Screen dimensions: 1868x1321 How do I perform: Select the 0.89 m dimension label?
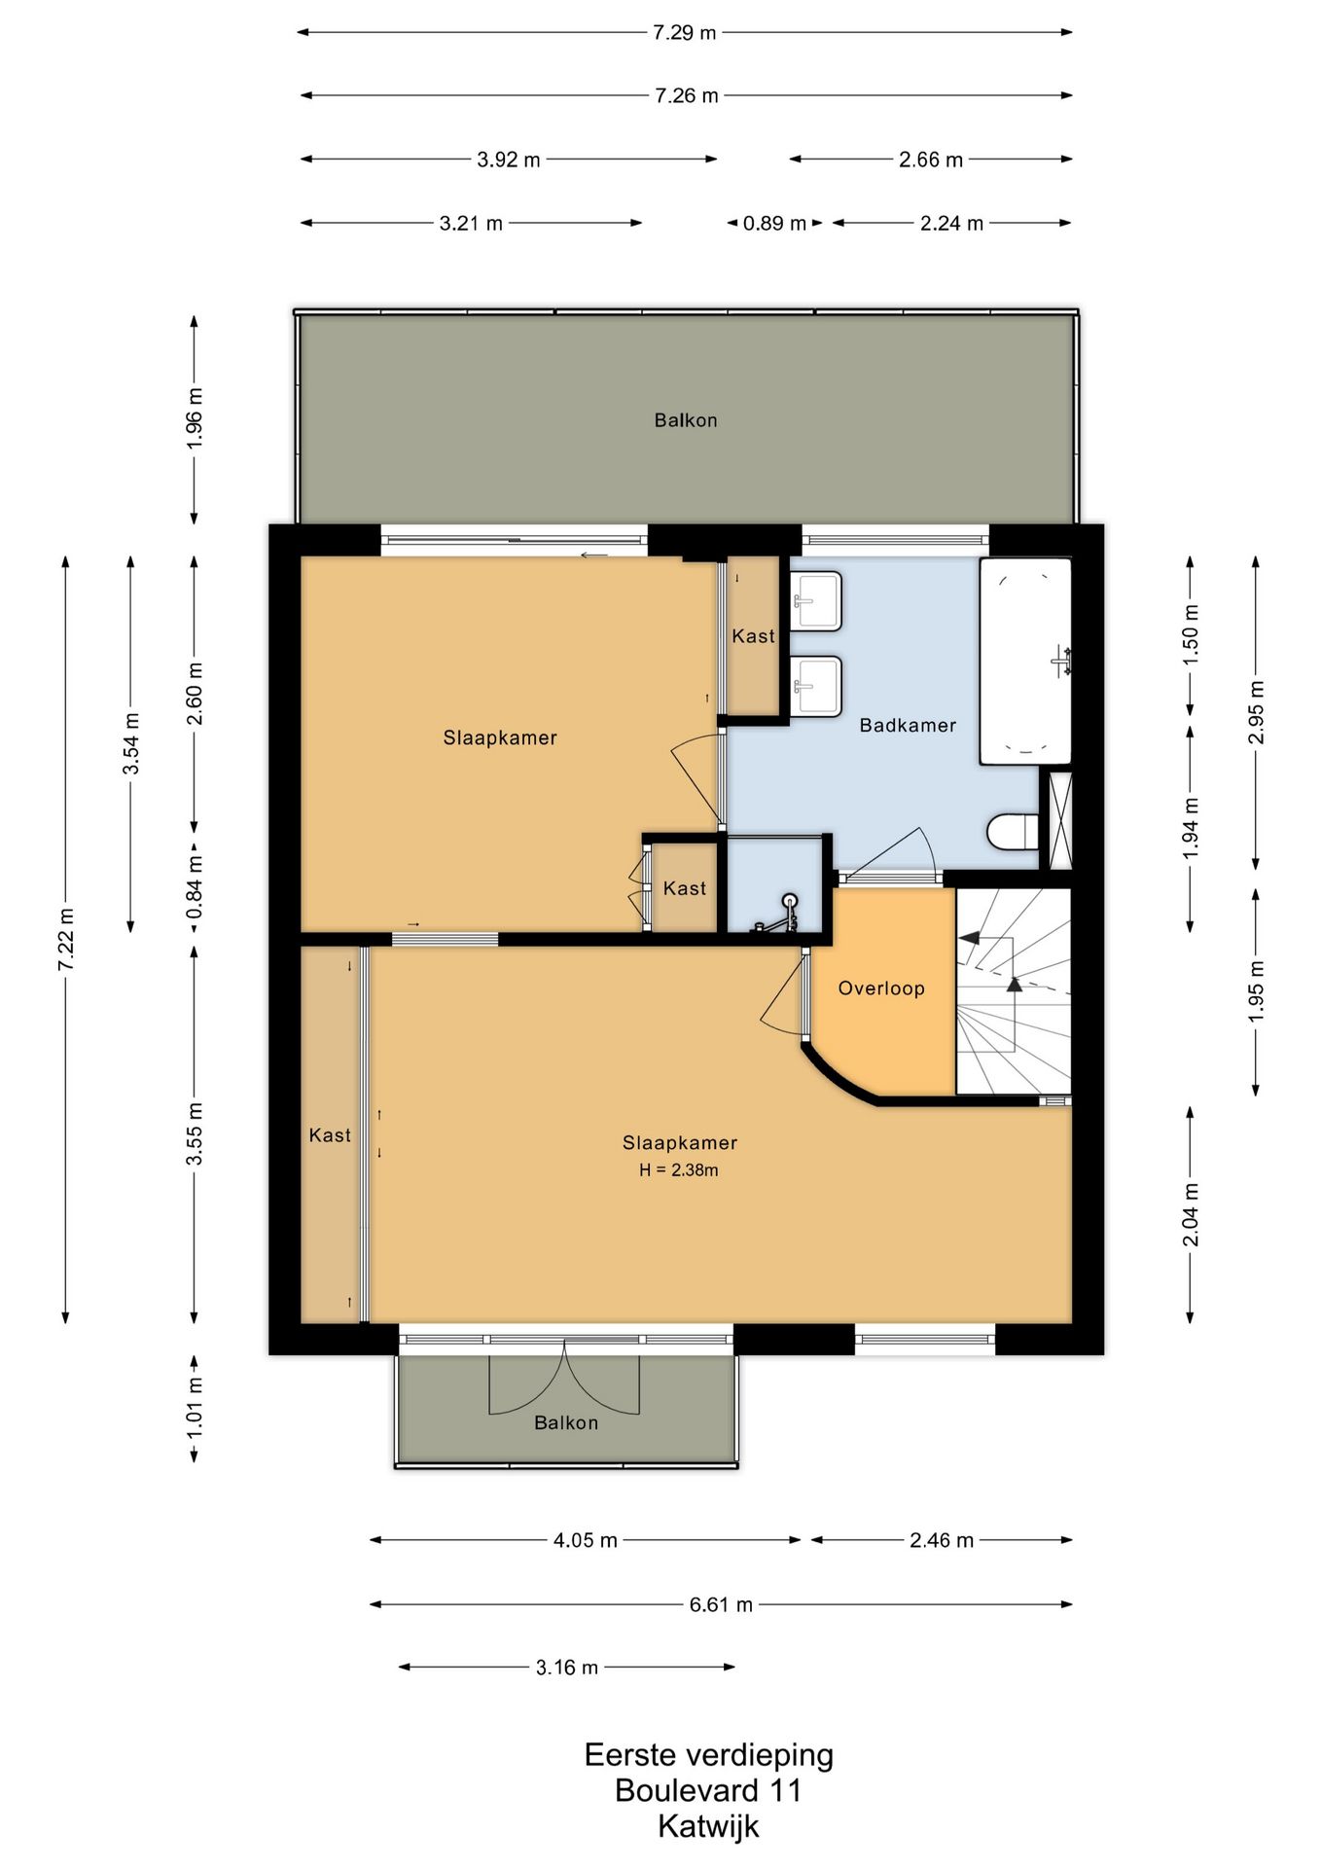click(774, 223)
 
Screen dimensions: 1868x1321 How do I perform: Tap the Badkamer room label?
click(907, 725)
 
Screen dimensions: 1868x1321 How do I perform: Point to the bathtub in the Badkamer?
click(1024, 661)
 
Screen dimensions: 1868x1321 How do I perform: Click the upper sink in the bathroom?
click(815, 600)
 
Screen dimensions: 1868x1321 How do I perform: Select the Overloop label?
click(880, 988)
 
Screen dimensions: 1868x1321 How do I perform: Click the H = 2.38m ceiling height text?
click(678, 1170)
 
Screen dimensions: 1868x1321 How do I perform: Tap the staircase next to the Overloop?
click(1012, 992)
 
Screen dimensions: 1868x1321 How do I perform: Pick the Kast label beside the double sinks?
click(753, 636)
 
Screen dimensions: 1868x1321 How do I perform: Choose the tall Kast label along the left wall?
click(330, 1135)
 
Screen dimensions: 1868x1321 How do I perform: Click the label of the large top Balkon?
click(685, 420)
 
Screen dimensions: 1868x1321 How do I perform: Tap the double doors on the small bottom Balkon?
click(564, 1382)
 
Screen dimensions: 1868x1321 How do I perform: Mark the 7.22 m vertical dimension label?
click(66, 939)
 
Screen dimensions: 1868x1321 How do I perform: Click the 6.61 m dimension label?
click(721, 1604)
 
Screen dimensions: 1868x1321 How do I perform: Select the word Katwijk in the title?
click(708, 1826)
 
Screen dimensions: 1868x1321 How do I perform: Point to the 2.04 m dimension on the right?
click(1190, 1214)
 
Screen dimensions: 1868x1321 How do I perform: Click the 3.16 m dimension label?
click(566, 1668)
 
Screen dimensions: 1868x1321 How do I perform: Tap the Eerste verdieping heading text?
click(708, 1755)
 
